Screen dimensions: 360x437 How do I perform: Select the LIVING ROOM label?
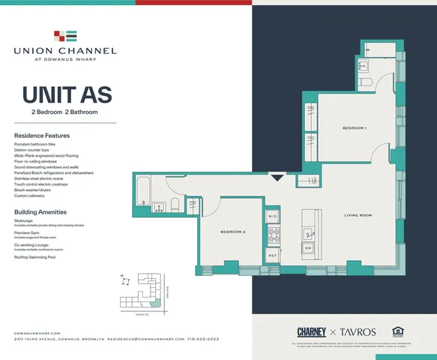358,215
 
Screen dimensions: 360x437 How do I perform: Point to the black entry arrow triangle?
277,178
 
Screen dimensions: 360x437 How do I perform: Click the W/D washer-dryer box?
272,217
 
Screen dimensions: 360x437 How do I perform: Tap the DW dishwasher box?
308,247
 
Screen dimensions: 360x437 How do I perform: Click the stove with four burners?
274,236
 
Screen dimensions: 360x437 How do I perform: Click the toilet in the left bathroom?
175,205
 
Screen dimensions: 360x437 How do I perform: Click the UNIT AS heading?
67,95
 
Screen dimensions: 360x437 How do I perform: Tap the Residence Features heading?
42,135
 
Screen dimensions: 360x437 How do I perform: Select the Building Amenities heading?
43,212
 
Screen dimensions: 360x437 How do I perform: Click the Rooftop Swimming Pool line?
41,257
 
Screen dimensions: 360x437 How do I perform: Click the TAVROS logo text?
356,331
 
